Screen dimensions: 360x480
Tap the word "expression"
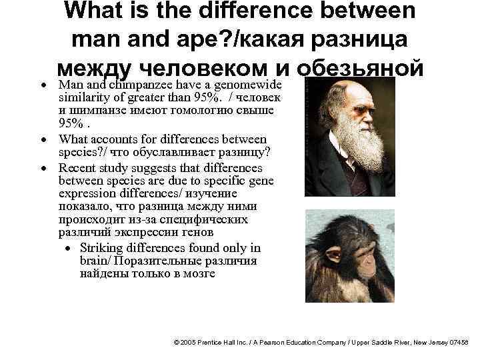coord(84,194)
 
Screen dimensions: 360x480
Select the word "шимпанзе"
coord(93,112)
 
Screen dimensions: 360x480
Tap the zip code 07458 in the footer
coord(459,341)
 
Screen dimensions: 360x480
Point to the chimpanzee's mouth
coord(364,281)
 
